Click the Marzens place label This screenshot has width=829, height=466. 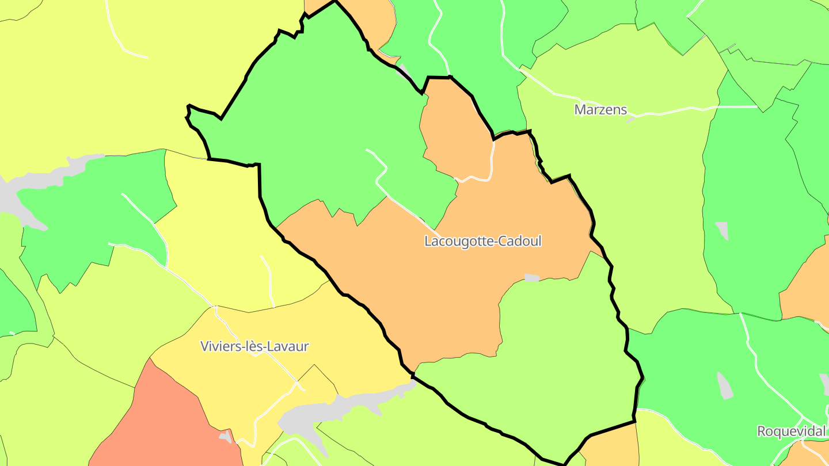click(600, 109)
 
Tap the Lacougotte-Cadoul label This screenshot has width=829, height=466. click(482, 241)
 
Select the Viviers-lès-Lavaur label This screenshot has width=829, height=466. click(254, 346)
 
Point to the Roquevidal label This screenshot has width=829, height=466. click(791, 431)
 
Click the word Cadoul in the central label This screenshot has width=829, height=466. click(520, 241)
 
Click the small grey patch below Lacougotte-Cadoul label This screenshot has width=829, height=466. click(532, 278)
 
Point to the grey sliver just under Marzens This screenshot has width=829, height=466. click(631, 120)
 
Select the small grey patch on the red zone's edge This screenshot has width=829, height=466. click(226, 437)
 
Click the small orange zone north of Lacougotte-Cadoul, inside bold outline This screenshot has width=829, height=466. click(455, 132)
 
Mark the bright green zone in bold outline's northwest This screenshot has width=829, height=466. click(322, 127)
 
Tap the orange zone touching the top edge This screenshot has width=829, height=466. click(374, 23)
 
